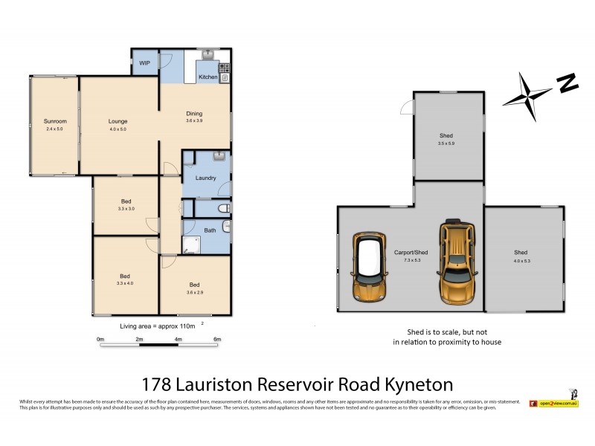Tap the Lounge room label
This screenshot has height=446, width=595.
click(x=118, y=121)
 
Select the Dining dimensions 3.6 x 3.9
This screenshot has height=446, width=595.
click(x=194, y=121)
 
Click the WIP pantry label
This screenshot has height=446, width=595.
click(x=144, y=63)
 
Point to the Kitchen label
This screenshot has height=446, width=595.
click(x=208, y=77)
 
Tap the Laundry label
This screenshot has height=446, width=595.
click(x=206, y=178)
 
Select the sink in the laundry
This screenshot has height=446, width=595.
click(x=218, y=156)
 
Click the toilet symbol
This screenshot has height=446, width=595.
click(x=224, y=209)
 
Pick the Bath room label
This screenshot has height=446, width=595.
click(x=210, y=230)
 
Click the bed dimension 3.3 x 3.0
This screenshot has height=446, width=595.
click(x=126, y=209)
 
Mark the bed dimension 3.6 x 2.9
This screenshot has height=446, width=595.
click(x=194, y=292)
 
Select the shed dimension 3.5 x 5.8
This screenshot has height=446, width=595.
click(x=446, y=143)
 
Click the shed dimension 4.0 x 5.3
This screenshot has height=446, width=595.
click(x=521, y=261)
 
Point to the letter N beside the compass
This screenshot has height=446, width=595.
click(x=568, y=83)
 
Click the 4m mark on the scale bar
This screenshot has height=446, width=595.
click(x=178, y=339)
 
